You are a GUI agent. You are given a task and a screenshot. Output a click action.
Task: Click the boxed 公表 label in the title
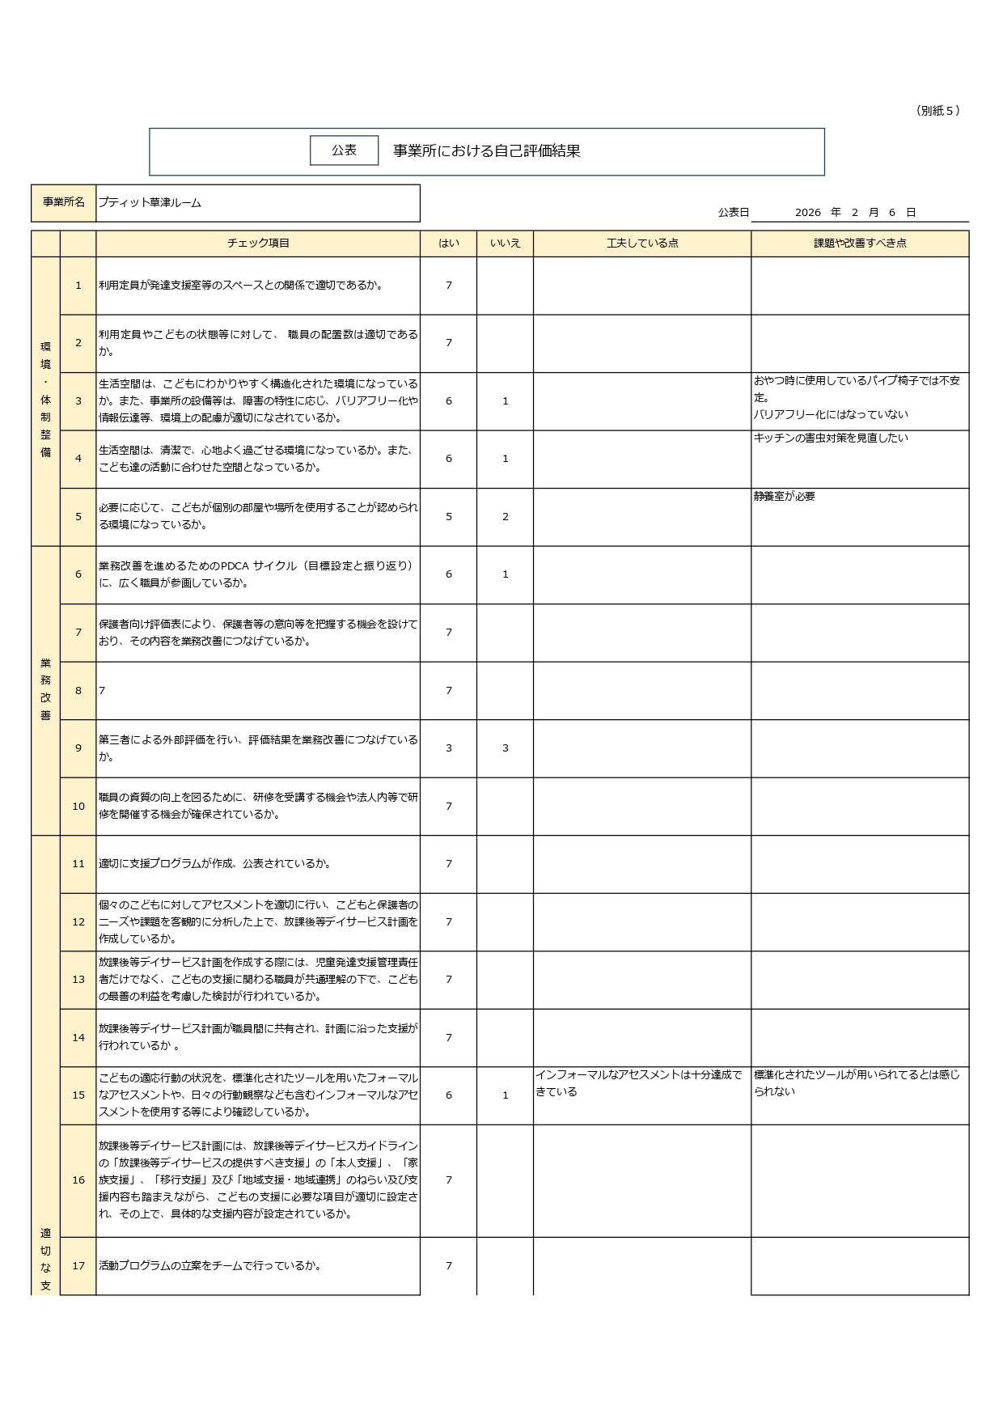click(344, 150)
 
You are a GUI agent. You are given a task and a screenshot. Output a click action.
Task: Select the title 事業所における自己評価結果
click(487, 151)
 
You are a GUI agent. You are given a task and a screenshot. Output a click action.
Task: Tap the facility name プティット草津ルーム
click(150, 203)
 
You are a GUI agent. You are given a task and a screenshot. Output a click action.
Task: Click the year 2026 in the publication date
click(807, 213)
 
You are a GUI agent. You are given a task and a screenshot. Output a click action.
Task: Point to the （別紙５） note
click(938, 111)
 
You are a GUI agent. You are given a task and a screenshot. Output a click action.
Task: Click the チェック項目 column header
click(258, 244)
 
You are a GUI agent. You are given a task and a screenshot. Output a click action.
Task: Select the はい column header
click(448, 244)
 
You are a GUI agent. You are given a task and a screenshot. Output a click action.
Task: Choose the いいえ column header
click(505, 244)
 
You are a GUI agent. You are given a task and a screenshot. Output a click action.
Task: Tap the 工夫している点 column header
click(642, 244)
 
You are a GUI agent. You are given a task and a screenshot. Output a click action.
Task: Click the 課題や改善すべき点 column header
click(860, 244)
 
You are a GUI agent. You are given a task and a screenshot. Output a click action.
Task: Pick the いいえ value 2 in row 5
click(506, 517)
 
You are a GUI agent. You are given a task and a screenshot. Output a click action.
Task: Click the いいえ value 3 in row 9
click(506, 748)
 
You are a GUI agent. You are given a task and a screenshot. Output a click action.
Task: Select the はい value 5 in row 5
click(449, 517)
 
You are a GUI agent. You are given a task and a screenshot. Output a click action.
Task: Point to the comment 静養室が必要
click(785, 497)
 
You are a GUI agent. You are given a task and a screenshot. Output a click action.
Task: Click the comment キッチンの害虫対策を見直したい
click(831, 438)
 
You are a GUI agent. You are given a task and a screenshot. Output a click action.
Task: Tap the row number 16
click(78, 1180)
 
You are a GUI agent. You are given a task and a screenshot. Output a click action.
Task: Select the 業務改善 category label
click(45, 689)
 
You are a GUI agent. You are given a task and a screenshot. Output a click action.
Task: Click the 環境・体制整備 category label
click(45, 400)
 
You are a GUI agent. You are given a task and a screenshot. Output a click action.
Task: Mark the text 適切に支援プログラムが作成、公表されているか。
click(215, 864)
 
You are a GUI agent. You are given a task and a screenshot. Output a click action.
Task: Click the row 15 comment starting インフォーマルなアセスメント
click(638, 1083)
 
